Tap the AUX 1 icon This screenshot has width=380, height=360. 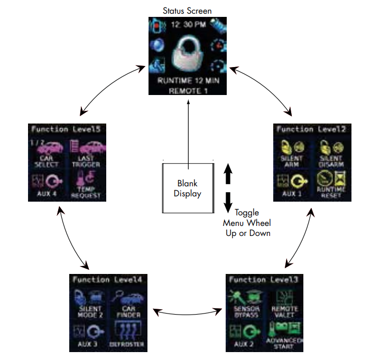tap(292, 182)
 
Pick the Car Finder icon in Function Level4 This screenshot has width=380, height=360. tap(125, 300)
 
